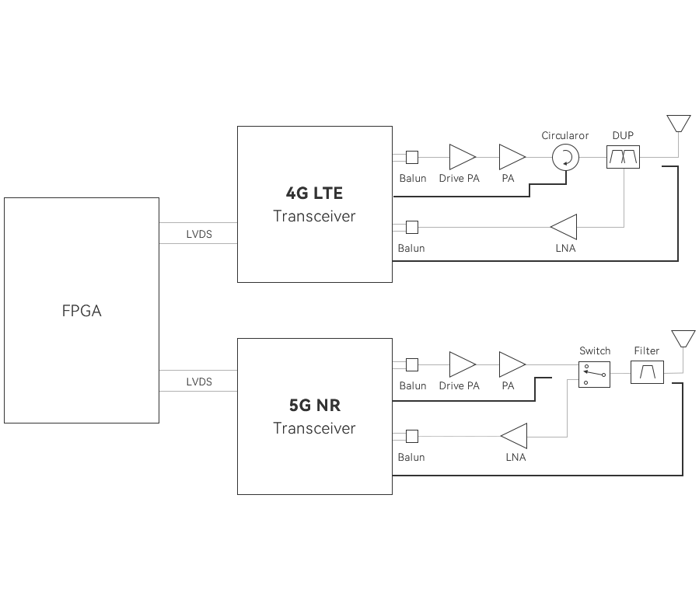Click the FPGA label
tap(82, 312)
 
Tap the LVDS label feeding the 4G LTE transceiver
tap(199, 233)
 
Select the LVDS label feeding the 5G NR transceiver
tap(199, 382)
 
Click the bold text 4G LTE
tap(314, 194)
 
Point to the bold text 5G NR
tap(314, 406)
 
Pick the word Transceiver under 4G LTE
tap(314, 216)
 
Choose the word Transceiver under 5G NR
tap(314, 428)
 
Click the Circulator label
tap(565, 136)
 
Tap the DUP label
tap(622, 136)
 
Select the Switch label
tap(595, 351)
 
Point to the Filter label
tap(646, 351)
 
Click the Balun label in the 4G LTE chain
tap(411, 249)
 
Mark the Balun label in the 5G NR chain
tap(411, 458)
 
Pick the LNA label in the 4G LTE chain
tap(566, 249)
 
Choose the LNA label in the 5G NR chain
tap(516, 458)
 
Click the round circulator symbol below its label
tap(565, 157)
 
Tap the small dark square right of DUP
tap(678, 124)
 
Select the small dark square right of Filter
tap(683, 338)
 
